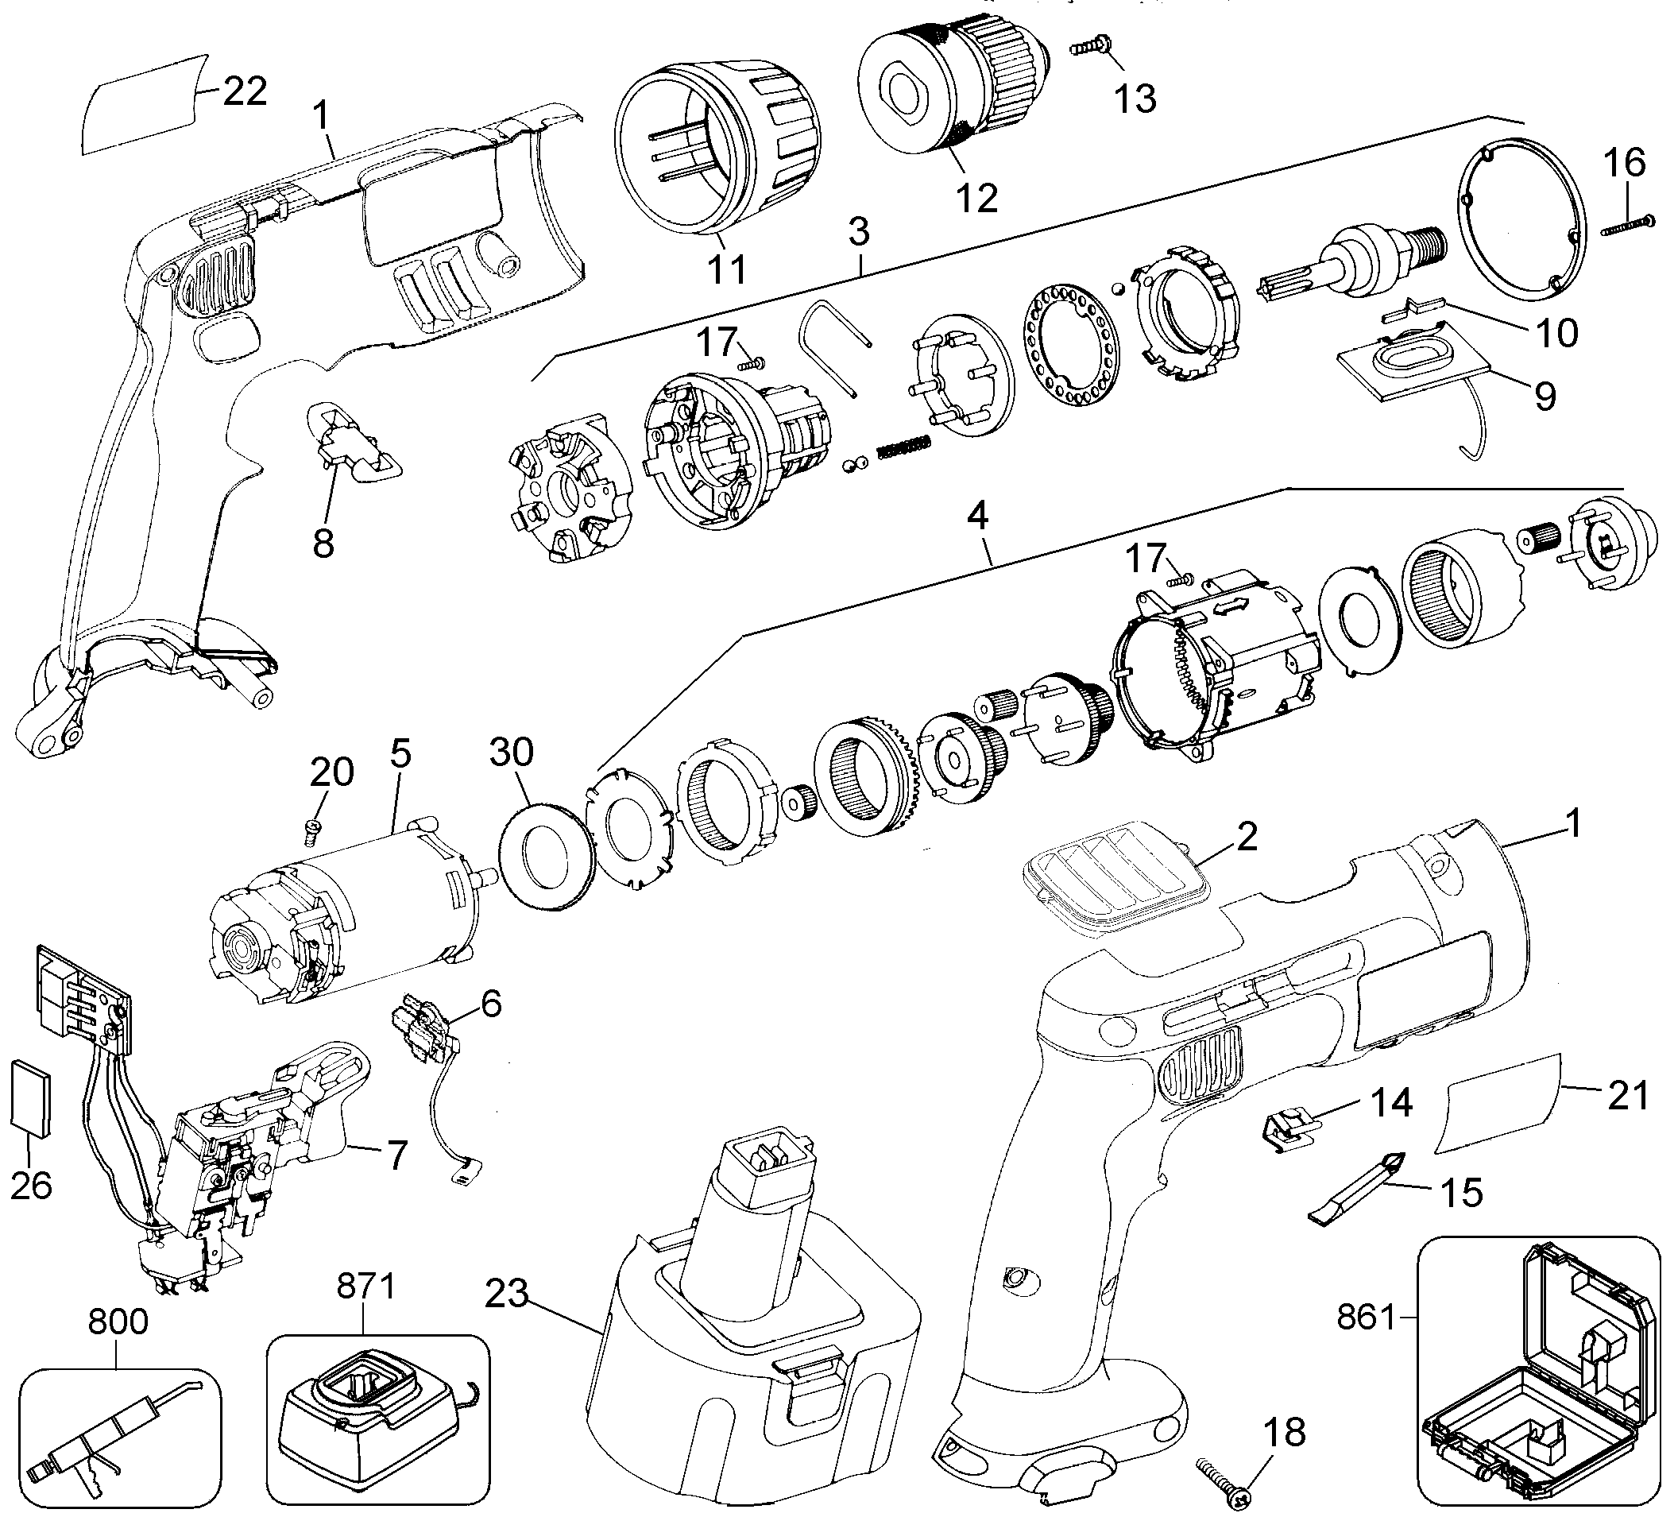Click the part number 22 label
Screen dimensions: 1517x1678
[245, 91]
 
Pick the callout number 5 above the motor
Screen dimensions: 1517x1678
[400, 753]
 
